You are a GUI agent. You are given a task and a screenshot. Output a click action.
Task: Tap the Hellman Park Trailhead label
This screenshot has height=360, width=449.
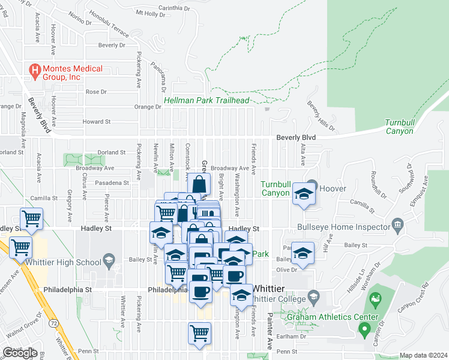[206, 101]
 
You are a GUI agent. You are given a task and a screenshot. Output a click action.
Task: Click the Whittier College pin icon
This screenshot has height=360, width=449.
[313, 296]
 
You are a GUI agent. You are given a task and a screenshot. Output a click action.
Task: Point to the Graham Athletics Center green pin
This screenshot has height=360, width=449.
[363, 329]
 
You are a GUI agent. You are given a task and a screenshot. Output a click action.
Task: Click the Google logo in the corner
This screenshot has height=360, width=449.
[20, 353]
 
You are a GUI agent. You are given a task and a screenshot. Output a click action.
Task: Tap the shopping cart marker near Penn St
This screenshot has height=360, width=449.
[200, 334]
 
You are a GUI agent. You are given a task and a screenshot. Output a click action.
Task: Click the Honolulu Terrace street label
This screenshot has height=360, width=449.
[109, 24]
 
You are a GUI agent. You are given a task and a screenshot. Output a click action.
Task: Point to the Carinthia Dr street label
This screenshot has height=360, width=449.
[173, 8]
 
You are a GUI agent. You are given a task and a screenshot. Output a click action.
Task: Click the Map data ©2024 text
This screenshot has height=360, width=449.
[423, 355]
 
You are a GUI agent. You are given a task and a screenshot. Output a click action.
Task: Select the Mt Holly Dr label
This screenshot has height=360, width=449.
[150, 13]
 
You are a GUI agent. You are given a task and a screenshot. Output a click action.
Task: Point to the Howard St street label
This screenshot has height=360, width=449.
[97, 121]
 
